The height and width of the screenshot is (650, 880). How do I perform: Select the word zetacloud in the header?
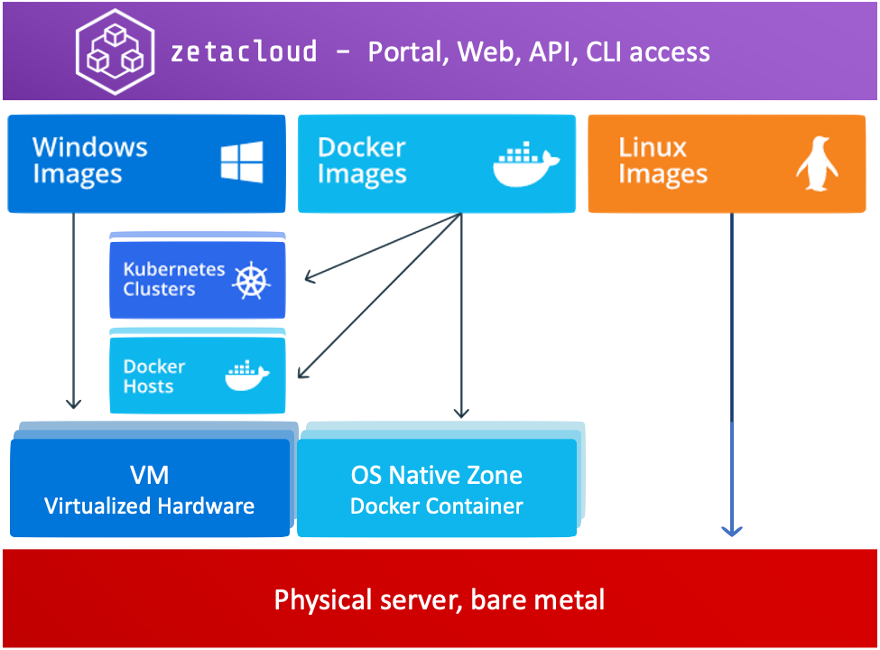pyautogui.click(x=244, y=51)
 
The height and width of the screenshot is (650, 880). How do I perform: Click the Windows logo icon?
pyautogui.click(x=242, y=162)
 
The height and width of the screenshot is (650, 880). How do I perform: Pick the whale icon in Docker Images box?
pyautogui.click(x=525, y=163)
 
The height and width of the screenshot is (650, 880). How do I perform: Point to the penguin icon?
pyautogui.click(x=817, y=164)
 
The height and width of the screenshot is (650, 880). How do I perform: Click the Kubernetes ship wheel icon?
pyautogui.click(x=252, y=280)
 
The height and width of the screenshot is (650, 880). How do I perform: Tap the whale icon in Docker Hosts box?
pyautogui.click(x=246, y=376)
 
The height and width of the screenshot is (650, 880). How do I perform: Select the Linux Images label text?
pyautogui.click(x=662, y=162)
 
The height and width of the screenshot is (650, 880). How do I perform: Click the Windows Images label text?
pyautogui.click(x=89, y=161)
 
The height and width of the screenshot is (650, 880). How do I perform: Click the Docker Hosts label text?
pyautogui.click(x=154, y=376)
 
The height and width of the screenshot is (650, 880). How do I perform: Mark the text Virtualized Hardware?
pyautogui.click(x=150, y=506)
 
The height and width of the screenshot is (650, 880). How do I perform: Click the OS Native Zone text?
pyautogui.click(x=436, y=475)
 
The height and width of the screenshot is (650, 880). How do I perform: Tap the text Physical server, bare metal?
pyautogui.click(x=440, y=599)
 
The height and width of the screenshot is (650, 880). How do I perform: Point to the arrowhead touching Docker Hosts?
pyautogui.click(x=303, y=373)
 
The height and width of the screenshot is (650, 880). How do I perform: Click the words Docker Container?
pyautogui.click(x=436, y=506)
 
